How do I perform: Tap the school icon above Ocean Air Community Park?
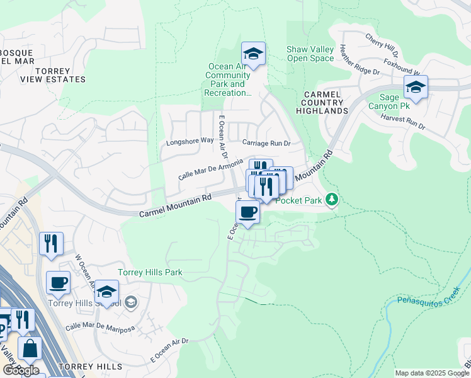(x=253, y=54)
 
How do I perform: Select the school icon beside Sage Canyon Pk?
(x=416, y=88)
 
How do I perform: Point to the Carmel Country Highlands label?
(x=323, y=102)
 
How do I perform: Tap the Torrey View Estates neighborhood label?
(x=52, y=75)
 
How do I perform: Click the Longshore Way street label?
(x=190, y=141)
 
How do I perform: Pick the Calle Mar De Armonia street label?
(x=210, y=169)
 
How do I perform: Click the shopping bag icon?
(x=30, y=348)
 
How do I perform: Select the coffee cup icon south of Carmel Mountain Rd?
(x=248, y=212)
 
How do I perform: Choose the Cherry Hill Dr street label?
(x=382, y=42)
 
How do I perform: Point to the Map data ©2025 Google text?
(x=431, y=373)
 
